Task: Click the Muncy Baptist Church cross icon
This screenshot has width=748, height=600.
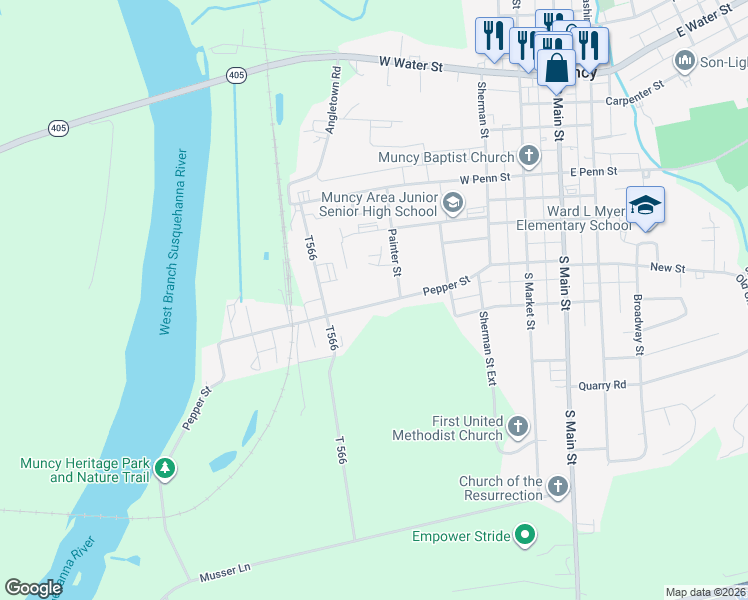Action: (529, 157)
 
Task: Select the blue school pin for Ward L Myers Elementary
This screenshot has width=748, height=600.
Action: (646, 206)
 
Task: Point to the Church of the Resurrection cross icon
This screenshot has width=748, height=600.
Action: (557, 487)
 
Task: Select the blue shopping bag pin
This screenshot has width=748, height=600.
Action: (557, 70)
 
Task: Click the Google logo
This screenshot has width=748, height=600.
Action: (33, 588)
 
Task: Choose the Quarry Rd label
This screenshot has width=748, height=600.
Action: (603, 385)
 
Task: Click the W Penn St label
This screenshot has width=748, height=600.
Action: (485, 178)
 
